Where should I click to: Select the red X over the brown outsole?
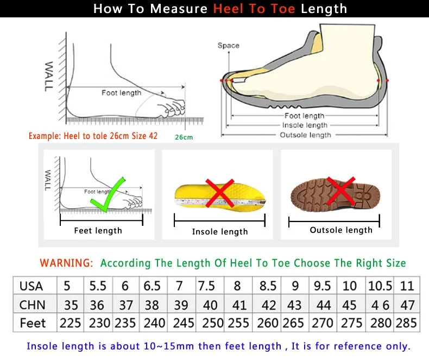(341, 192)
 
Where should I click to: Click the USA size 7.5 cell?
(206, 286)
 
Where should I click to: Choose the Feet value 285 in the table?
(407, 323)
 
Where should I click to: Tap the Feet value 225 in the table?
(70, 323)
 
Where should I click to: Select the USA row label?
(31, 286)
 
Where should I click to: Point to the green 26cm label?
(184, 137)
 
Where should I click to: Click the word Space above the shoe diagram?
(228, 46)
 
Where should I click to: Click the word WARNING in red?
(66, 263)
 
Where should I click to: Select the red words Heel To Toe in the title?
(255, 9)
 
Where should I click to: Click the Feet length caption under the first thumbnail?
(98, 231)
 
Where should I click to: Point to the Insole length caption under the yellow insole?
(219, 232)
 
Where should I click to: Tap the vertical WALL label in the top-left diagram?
(49, 76)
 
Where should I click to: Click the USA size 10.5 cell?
(378, 286)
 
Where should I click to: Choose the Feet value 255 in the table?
(238, 323)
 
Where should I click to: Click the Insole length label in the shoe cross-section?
(305, 125)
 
